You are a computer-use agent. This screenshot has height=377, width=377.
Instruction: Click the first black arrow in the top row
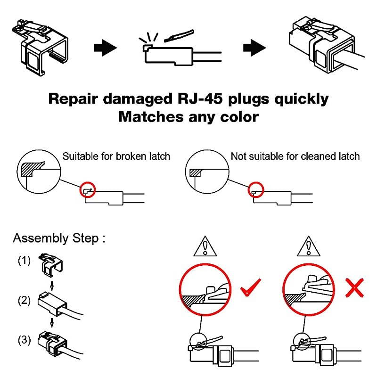pos(105,48)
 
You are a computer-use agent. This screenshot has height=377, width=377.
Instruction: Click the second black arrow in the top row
pos(254,48)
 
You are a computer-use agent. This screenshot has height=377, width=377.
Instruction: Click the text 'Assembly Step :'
pos(59,238)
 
